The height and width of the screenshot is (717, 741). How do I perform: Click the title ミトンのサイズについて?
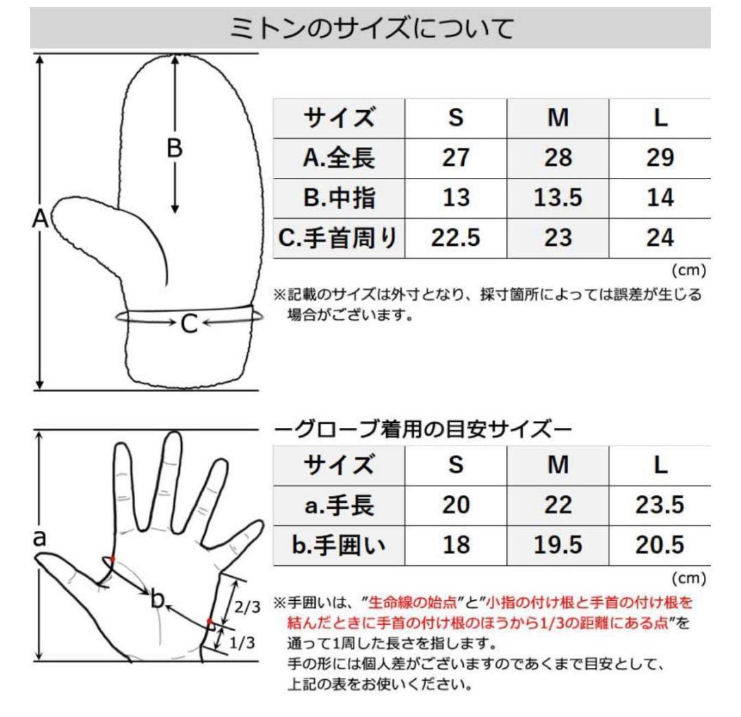(371, 28)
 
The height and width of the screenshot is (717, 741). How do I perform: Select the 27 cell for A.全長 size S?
(456, 158)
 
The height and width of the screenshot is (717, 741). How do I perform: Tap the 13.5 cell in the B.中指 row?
(558, 198)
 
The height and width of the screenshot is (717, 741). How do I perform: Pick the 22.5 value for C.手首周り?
(456, 238)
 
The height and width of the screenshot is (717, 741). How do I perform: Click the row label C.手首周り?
(338, 238)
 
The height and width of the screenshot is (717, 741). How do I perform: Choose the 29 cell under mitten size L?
(660, 158)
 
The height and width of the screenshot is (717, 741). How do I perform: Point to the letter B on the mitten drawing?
(175, 148)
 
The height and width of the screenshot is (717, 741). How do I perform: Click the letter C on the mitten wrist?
(189, 324)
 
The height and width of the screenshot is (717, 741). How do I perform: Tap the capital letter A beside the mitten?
(40, 219)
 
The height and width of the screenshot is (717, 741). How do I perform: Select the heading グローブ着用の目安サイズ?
(423, 429)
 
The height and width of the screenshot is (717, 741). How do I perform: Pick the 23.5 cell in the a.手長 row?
(660, 505)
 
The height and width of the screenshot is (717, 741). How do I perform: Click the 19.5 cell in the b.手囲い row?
(558, 545)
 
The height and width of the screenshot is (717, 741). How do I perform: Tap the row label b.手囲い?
(338, 545)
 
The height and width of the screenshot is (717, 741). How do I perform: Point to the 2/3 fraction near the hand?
(248, 607)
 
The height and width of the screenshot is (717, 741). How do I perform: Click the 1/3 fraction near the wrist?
(242, 643)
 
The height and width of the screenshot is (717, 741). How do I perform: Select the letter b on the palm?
(157, 599)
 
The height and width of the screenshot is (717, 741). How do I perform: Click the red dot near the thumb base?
(112, 560)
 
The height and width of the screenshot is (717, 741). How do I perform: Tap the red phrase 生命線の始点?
(412, 602)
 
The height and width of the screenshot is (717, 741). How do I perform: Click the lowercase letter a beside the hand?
(40, 538)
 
